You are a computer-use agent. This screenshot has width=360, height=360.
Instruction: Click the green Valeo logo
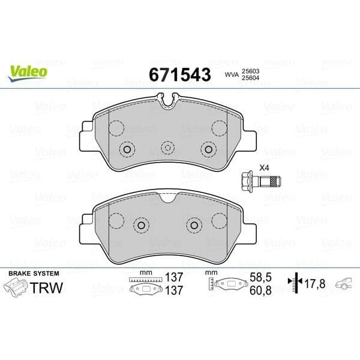coord(28,71)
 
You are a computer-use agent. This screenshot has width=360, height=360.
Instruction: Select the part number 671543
coord(179,74)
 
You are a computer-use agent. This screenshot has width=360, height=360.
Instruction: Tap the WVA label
coord(231,74)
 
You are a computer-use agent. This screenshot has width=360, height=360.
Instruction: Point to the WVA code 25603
coord(251,70)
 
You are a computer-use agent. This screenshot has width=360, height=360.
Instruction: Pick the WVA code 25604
coord(251,78)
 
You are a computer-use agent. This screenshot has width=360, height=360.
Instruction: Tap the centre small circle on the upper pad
coord(168,147)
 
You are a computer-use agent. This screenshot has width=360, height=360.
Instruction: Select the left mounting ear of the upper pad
coord(88,139)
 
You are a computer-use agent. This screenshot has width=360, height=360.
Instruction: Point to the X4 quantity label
coord(264,167)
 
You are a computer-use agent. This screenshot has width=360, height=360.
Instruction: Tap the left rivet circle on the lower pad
coord(142,224)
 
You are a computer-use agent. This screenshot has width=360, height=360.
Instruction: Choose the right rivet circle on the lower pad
coord(194,224)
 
